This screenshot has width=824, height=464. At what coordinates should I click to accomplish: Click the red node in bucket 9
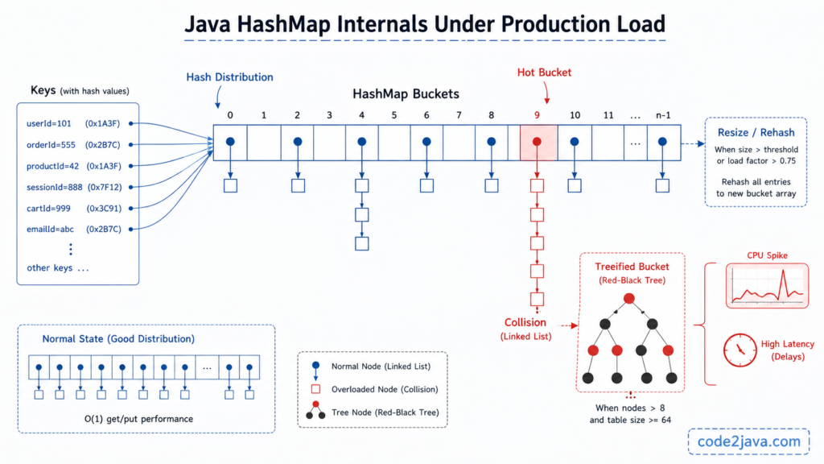pyautogui.click(x=537, y=141)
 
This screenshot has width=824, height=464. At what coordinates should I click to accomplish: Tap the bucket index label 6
pyautogui.click(x=426, y=115)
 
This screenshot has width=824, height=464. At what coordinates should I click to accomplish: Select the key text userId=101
pyautogui.click(x=50, y=124)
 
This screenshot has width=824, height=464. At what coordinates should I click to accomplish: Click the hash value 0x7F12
pyautogui.click(x=103, y=187)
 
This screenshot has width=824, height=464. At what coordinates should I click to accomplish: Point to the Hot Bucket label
pyautogui.click(x=544, y=72)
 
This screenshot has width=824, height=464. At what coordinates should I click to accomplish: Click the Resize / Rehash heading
pyautogui.click(x=755, y=132)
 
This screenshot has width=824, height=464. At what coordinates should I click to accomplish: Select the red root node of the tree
pyautogui.click(x=629, y=299)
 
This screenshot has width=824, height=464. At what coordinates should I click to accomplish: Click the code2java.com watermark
pyautogui.click(x=748, y=441)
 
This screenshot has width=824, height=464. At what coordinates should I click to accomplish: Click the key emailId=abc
pyautogui.click(x=50, y=229)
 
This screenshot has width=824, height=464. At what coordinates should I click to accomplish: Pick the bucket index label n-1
pyautogui.click(x=662, y=115)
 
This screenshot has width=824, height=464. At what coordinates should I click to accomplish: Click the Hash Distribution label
pyautogui.click(x=229, y=77)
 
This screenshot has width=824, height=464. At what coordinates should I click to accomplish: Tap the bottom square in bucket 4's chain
pyautogui.click(x=362, y=243)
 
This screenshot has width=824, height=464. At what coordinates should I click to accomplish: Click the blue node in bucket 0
pyautogui.click(x=230, y=141)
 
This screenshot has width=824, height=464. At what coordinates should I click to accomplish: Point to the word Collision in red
pyautogui.click(x=525, y=322)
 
